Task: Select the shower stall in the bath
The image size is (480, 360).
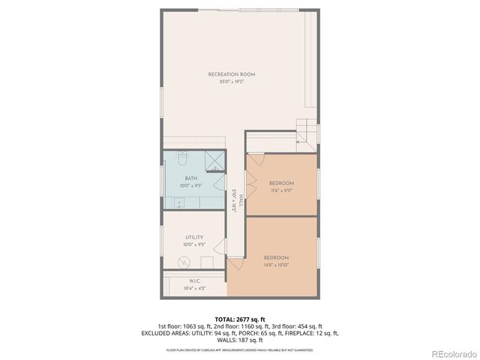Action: click(214, 162)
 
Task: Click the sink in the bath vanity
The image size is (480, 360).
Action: click(179, 202)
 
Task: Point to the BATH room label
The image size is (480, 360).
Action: click(191, 178)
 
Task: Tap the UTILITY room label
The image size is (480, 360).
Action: click(194, 237)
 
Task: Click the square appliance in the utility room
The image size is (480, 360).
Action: click(207, 262)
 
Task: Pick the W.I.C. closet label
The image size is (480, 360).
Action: click(193, 281)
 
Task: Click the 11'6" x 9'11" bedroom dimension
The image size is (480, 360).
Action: click(281, 190)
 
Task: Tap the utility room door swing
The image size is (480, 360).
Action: click(220, 247)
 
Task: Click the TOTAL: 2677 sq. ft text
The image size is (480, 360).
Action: click(240, 318)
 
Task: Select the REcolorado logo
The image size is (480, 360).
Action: click(448, 352)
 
